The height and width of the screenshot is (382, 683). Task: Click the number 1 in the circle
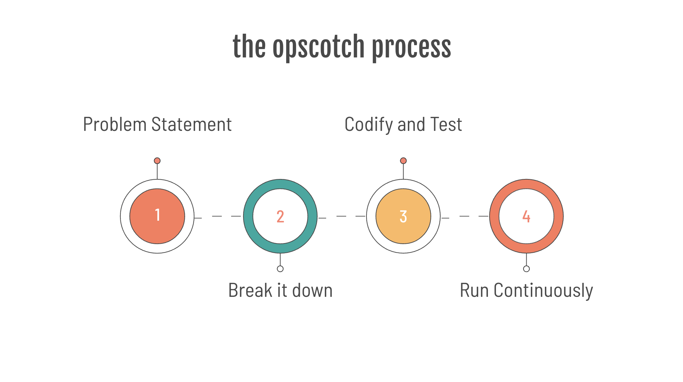tap(157, 215)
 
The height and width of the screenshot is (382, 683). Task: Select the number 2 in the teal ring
tap(280, 216)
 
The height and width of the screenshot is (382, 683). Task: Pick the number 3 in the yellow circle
tap(403, 216)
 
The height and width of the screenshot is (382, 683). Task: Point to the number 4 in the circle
tap(526, 216)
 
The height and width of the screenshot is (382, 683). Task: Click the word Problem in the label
tap(115, 125)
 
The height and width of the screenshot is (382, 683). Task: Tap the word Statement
tap(191, 125)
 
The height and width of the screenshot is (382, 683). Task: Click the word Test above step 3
tap(446, 125)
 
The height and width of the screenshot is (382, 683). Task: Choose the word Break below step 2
tap(250, 290)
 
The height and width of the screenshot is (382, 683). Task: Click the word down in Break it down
tap(312, 290)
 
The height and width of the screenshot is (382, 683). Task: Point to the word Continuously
tap(543, 290)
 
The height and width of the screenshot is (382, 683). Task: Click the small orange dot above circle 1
tap(157, 161)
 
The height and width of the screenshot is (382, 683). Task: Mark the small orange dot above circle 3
tap(403, 161)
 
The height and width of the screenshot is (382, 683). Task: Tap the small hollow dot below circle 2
tap(280, 269)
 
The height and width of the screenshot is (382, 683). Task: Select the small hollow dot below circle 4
tap(526, 269)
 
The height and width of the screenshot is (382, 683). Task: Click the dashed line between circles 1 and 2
tap(217, 216)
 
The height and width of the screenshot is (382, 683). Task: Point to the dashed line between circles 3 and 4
tap(464, 216)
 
